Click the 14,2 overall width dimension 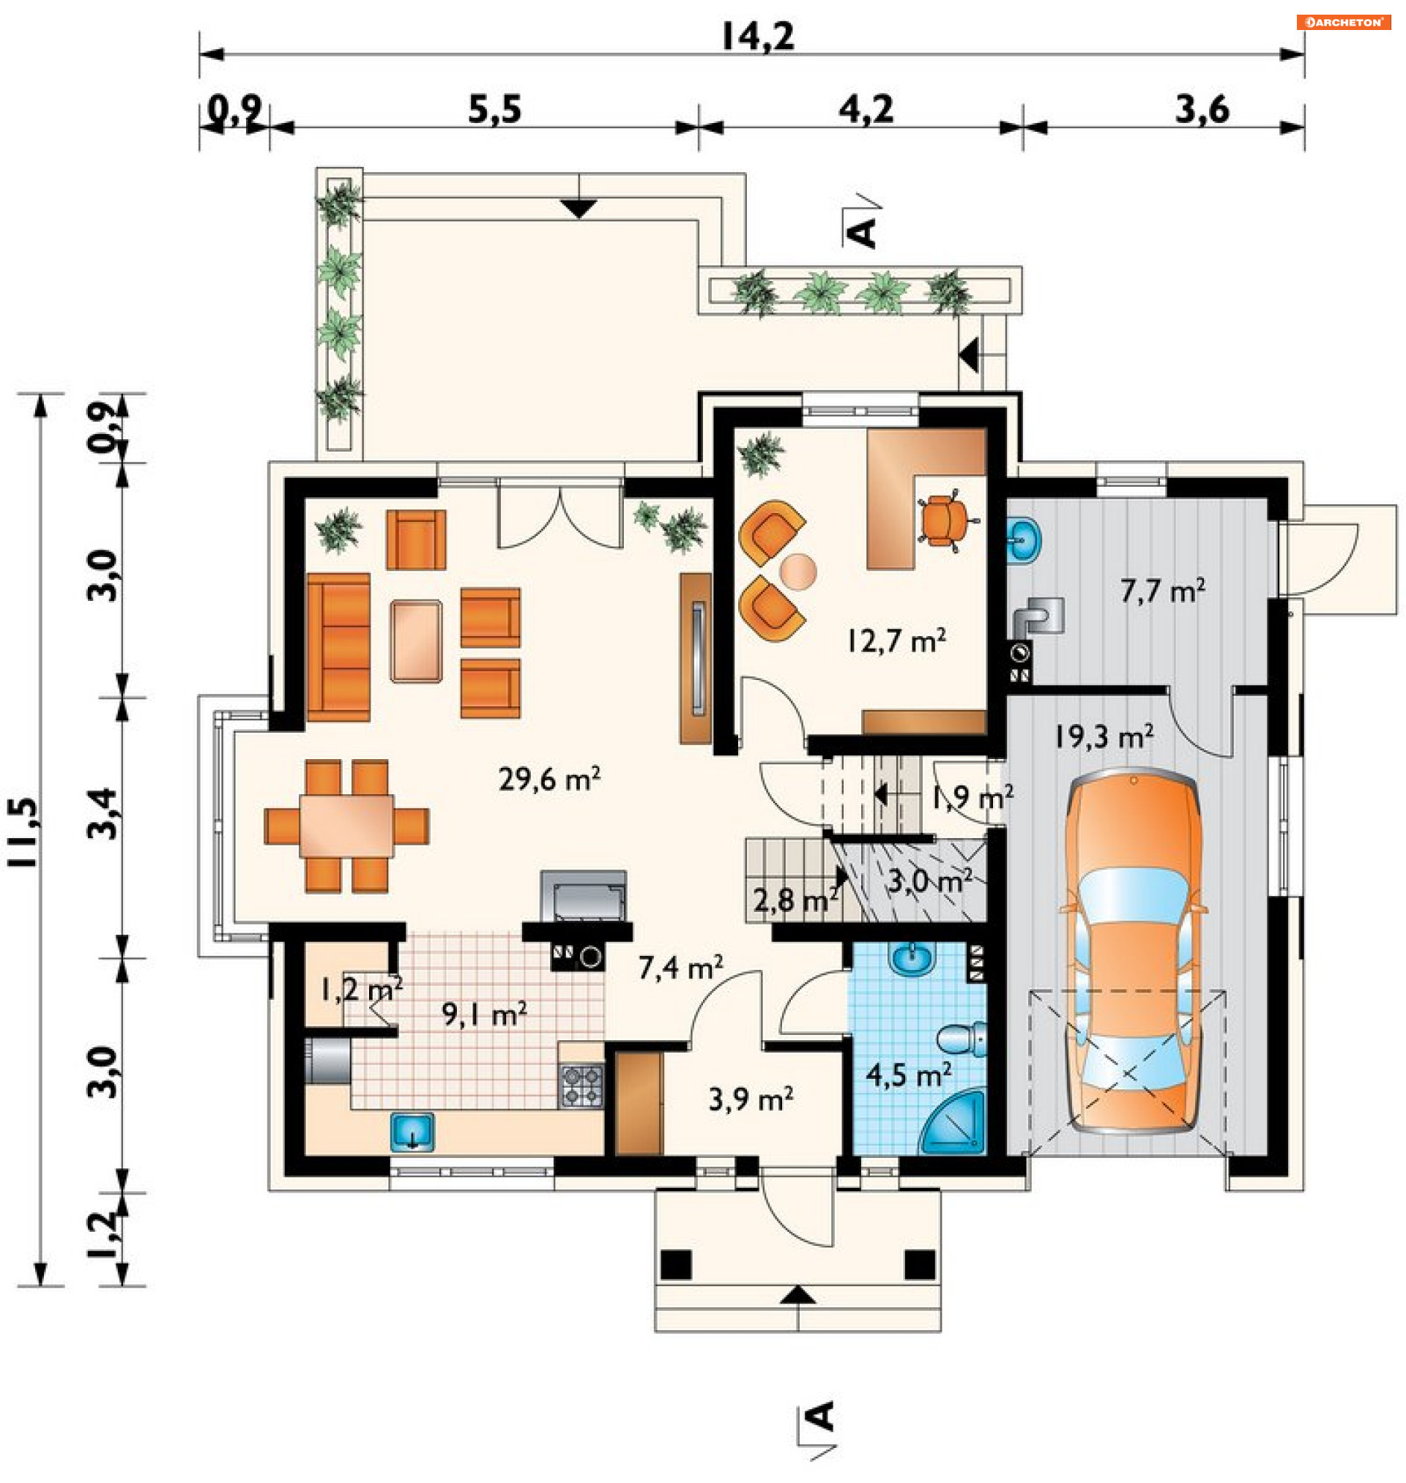[757, 35]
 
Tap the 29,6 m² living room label [549, 779]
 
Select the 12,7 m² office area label [896, 640]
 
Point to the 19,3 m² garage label [1104, 737]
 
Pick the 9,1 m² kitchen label [484, 1015]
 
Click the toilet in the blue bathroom [962, 1038]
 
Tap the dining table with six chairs [346, 826]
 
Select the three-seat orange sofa [339, 647]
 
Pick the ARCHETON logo [1344, 23]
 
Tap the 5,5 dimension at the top [494, 109]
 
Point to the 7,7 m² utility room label [1163, 591]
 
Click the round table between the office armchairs [798, 572]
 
